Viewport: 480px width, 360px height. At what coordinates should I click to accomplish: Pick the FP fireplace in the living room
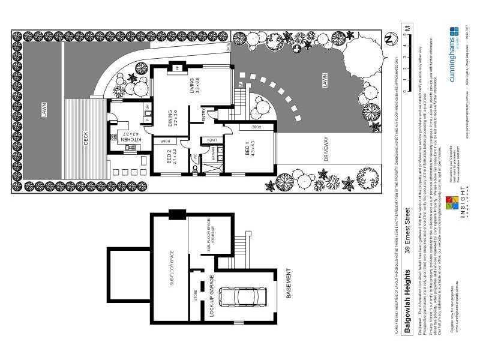(x=178, y=68)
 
